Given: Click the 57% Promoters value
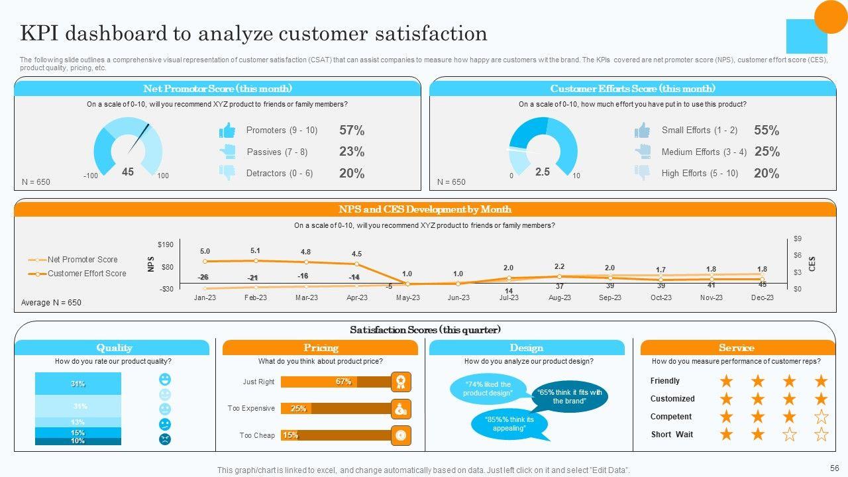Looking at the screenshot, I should (x=352, y=131).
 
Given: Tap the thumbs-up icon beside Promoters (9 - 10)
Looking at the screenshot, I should (x=227, y=131).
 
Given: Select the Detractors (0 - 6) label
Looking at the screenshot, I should (x=280, y=174).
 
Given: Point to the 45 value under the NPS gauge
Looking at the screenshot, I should (x=128, y=172).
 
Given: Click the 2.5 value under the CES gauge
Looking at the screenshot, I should (x=543, y=172).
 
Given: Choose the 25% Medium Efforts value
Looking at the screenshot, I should (x=767, y=152).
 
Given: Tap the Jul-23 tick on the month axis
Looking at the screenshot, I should (x=509, y=297).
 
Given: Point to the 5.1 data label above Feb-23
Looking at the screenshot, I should (x=256, y=250).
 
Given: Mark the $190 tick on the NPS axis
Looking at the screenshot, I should (x=166, y=245).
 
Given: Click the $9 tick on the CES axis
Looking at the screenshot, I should (x=798, y=239).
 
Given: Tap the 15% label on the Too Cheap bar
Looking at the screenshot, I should (x=290, y=435).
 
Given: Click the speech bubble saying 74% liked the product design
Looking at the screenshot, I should (x=488, y=389).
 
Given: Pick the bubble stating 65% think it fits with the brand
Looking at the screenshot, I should (x=569, y=396).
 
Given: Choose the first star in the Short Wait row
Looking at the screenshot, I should (x=727, y=435).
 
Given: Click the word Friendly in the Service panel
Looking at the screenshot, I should (x=665, y=381).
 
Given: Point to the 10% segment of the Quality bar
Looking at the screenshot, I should (x=78, y=441).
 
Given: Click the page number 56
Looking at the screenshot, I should (x=834, y=467).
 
